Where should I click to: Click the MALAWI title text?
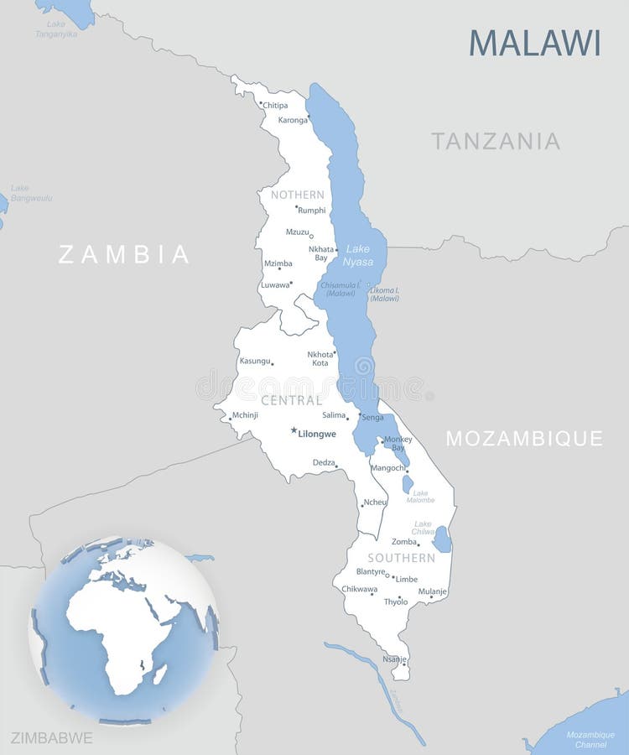534,43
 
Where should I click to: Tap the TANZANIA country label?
496,141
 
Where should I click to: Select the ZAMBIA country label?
123,254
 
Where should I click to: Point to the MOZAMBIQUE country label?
524,438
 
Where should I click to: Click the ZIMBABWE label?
51,738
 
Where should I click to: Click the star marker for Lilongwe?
294,430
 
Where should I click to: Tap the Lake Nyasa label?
358,255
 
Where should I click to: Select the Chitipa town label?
275,106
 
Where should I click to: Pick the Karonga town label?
293,120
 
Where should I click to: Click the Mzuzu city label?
297,232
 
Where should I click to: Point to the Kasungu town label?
255,361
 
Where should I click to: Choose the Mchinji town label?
245,414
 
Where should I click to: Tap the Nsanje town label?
394,659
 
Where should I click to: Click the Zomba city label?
403,542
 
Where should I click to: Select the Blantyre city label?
370,571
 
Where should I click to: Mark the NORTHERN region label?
297,195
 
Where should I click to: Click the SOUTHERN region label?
401,558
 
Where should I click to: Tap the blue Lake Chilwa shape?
442,539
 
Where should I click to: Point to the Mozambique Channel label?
590,739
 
